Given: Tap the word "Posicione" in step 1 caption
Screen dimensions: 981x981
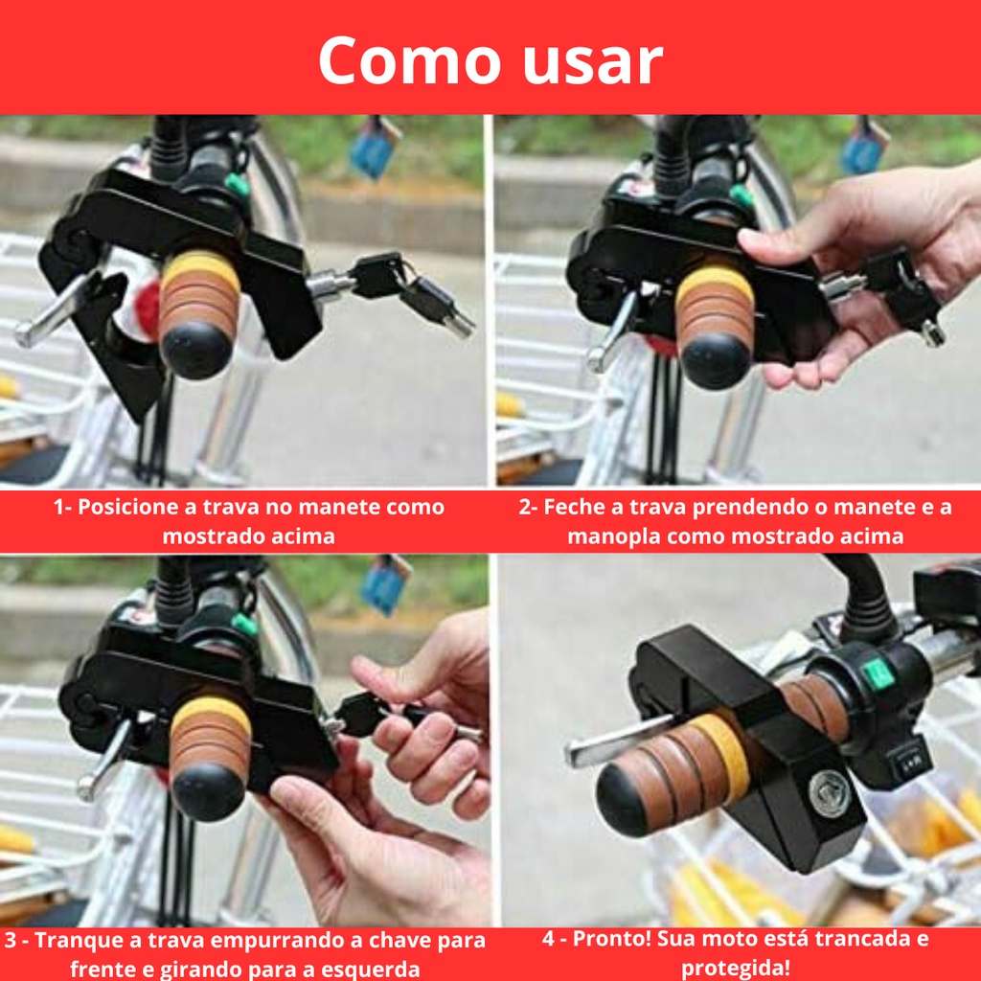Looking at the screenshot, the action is [128, 508].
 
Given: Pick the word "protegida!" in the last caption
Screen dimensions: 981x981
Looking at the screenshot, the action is [735, 968].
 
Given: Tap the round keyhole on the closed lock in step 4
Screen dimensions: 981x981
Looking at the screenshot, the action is [830, 793].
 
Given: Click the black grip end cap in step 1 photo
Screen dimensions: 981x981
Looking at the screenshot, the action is [195, 349].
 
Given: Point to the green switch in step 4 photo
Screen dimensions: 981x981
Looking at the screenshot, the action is [877, 673].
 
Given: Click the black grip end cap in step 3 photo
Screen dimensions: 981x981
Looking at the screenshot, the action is [208, 791].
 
